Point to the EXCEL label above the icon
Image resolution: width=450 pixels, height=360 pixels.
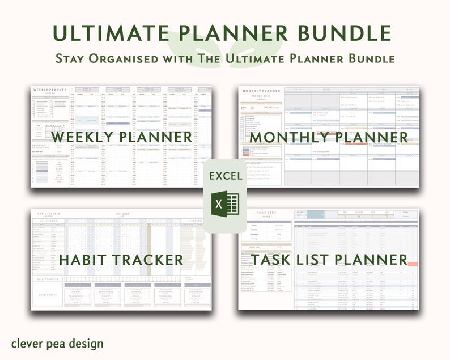[x=225, y=176]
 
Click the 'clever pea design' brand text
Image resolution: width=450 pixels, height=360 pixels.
[x=57, y=344]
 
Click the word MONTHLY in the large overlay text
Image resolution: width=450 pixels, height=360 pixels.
[x=291, y=137]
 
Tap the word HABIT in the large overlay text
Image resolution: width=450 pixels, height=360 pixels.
[x=83, y=260]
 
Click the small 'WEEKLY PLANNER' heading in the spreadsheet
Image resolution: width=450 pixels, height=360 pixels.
[x=50, y=90]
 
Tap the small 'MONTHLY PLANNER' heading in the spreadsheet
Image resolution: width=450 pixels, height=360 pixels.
[x=261, y=91]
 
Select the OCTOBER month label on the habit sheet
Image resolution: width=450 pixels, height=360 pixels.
[x=124, y=213]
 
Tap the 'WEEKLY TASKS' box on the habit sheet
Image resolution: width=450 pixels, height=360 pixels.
[x=46, y=295]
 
